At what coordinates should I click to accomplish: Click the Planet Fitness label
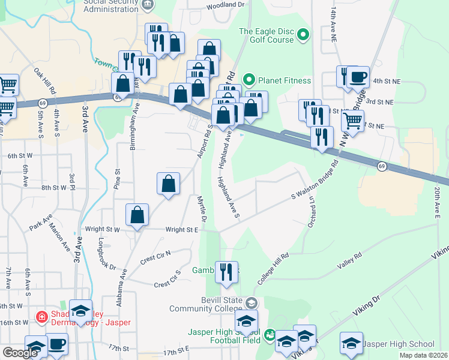click(285, 80)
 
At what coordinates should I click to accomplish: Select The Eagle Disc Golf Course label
click(267, 35)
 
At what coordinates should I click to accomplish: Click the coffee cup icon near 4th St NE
click(359, 77)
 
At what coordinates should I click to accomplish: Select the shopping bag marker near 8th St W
click(169, 184)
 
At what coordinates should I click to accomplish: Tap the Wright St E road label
click(182, 229)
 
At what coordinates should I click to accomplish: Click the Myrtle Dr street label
click(202, 208)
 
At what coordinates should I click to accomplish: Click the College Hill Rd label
click(274, 268)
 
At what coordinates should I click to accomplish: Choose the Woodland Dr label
click(226, 5)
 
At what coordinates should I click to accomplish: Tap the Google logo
click(20, 353)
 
